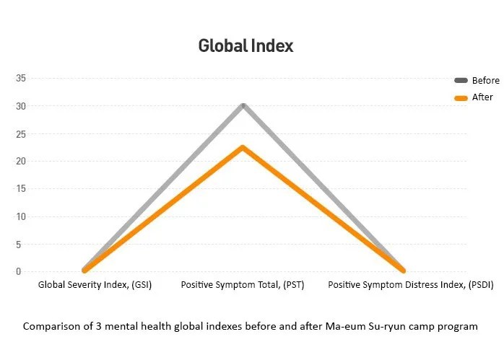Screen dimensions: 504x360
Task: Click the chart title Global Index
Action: pyautogui.click(x=246, y=45)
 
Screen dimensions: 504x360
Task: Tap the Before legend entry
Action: pyautogui.click(x=477, y=80)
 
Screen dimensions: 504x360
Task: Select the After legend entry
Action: pyautogui.click(x=474, y=97)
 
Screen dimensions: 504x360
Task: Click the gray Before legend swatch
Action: pyautogui.click(x=461, y=80)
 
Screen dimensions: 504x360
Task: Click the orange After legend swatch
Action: pyautogui.click(x=461, y=98)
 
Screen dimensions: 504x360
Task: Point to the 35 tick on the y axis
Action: pyautogui.click(x=21, y=78)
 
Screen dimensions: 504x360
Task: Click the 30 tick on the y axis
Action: pyautogui.click(x=21, y=106)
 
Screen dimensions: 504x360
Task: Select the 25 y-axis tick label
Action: pyautogui.click(x=21, y=134)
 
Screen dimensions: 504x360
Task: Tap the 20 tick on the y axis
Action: pyautogui.click(x=21, y=161)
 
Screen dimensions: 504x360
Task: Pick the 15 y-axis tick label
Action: pyautogui.click(x=21, y=188)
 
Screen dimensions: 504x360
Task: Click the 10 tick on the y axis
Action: pyautogui.click(x=21, y=216)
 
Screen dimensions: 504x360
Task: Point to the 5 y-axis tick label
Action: pyautogui.click(x=18, y=245)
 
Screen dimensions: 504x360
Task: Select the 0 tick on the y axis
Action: pyautogui.click(x=18, y=272)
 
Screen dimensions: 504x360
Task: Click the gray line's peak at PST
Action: pyautogui.click(x=243, y=105)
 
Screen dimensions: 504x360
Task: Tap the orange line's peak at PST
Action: pyautogui.click(x=243, y=148)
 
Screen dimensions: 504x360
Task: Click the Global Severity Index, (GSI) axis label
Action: pyautogui.click(x=95, y=285)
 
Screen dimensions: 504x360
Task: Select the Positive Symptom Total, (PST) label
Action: pyautogui.click(x=243, y=285)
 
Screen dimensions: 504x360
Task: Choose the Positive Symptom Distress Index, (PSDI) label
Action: pyautogui.click(x=410, y=285)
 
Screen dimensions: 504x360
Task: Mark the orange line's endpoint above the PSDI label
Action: pyautogui.click(x=403, y=271)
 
